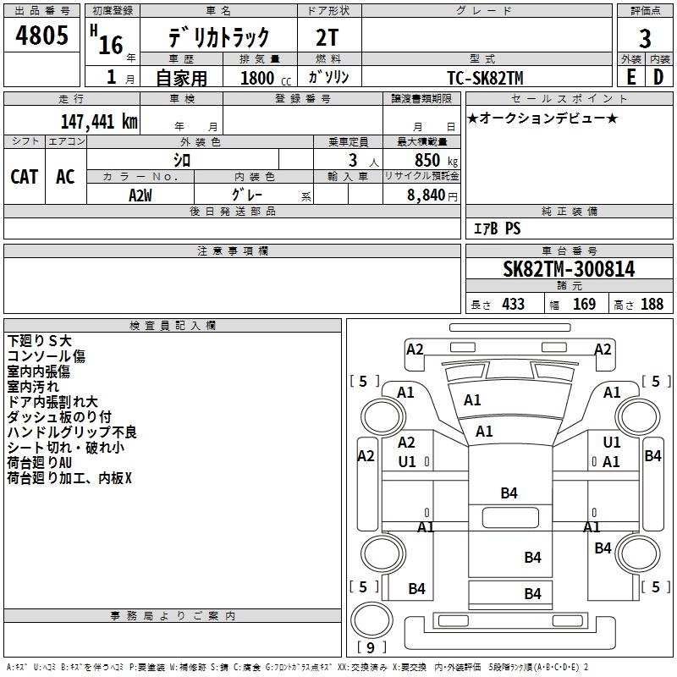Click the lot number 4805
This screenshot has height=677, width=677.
pos(41,36)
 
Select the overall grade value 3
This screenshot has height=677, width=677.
pos(645,38)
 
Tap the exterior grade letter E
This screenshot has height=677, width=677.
pos(630,76)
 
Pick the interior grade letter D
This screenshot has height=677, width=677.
pos(658,76)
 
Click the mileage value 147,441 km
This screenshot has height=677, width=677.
pos(100,121)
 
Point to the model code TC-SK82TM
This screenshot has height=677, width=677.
pos(485,78)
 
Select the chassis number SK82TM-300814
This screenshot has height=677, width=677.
pos(569,269)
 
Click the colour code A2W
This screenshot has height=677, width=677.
pos(140,195)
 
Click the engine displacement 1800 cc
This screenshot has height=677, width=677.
pos(257,78)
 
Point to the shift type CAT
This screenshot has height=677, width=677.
pos(24,176)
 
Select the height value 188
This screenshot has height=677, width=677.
pos(652,304)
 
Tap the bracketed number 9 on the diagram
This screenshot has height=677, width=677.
pos(371,648)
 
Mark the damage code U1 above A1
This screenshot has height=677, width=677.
pos(612,443)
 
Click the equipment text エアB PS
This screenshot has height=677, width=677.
pos(496,228)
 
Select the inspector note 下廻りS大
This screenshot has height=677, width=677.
pos(40,339)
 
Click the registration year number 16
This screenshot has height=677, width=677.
pos(111,43)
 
